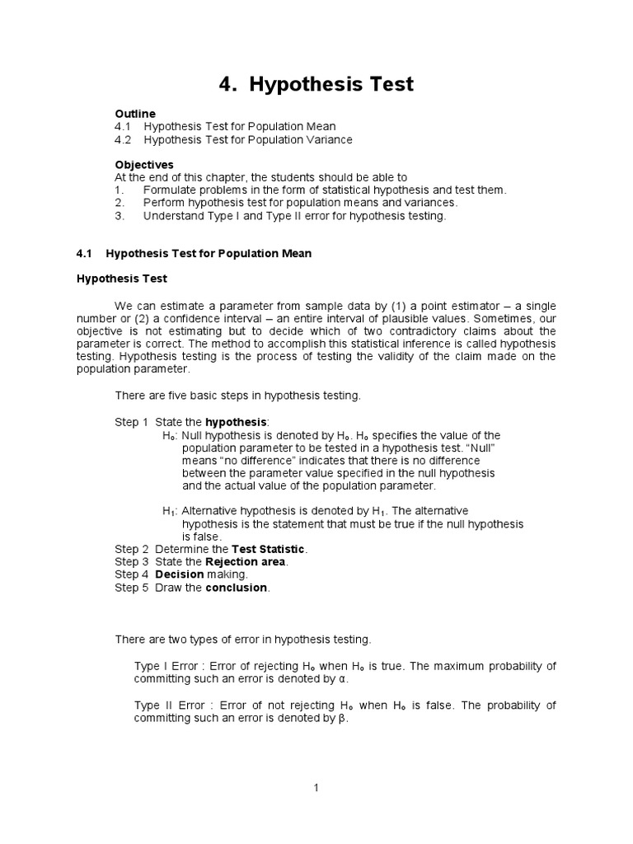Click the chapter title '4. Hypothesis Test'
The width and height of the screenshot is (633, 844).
click(x=316, y=84)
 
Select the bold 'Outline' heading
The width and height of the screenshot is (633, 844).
click(x=135, y=113)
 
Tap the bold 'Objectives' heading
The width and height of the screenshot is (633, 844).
click(x=144, y=165)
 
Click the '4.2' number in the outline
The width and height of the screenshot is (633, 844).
click(x=124, y=139)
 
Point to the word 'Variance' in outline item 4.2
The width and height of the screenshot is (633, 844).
click(x=330, y=139)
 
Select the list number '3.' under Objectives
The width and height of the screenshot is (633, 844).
click(x=120, y=216)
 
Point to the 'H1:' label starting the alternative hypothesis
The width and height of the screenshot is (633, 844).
click(x=171, y=511)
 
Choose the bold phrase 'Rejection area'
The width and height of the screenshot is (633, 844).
click(x=246, y=561)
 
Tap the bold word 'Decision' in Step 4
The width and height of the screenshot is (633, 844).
click(x=179, y=574)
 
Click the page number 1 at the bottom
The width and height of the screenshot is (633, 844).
click(x=316, y=788)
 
